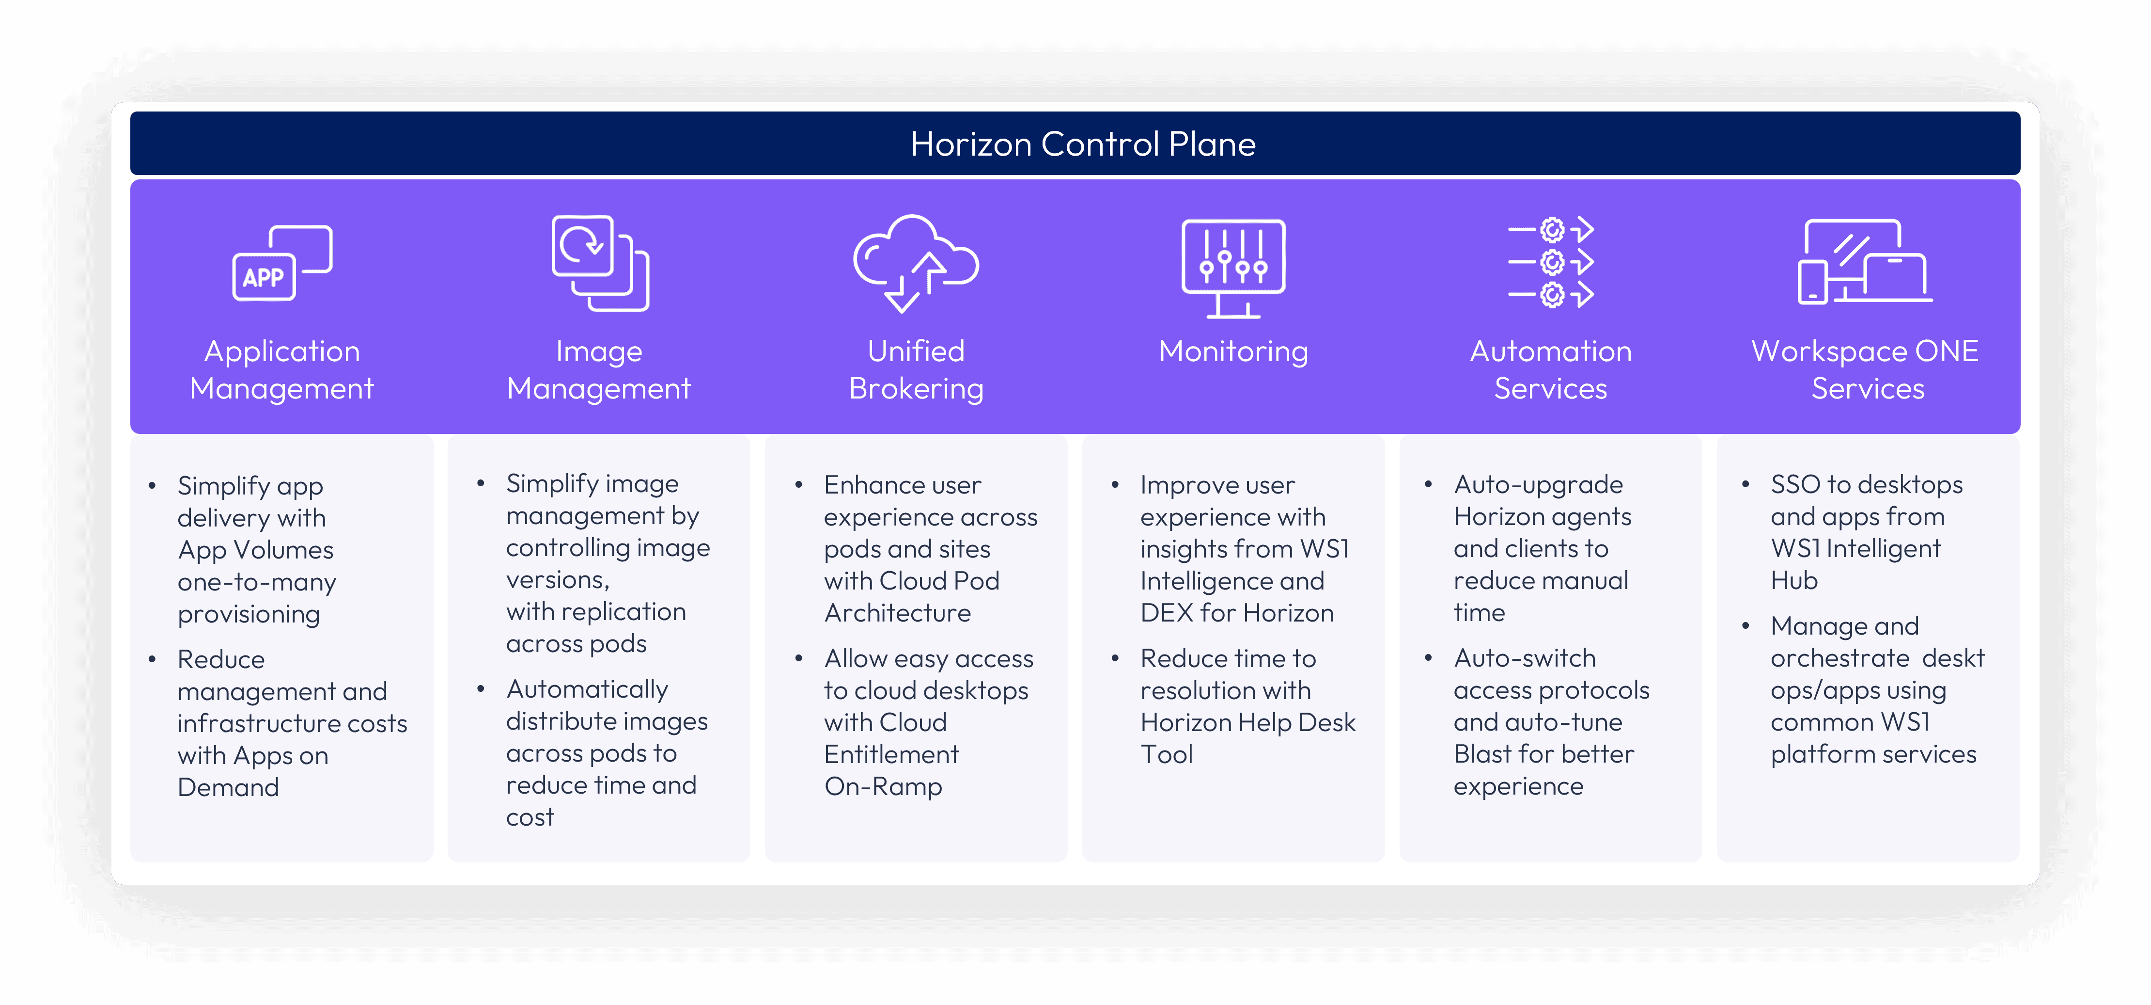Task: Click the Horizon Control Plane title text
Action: coord(1083,144)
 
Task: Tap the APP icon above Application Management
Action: coord(282,263)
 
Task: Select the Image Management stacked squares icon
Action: coord(600,263)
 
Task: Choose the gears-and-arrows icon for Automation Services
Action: coord(1551,262)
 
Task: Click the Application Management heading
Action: coord(282,370)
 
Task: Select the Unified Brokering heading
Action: coord(916,370)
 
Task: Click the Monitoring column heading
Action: coord(1233,351)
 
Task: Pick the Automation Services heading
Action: coord(1551,370)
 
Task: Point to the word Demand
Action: coord(228,787)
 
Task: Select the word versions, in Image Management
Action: coord(558,580)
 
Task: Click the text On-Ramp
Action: coord(884,786)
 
